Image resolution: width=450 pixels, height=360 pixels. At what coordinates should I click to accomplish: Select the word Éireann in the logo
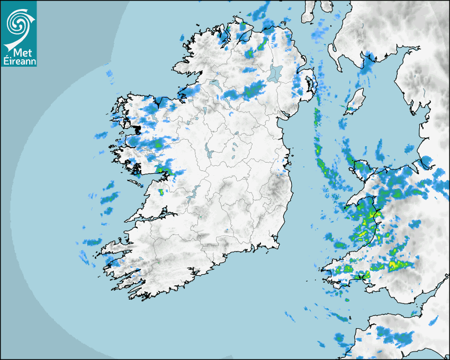coord(18,61)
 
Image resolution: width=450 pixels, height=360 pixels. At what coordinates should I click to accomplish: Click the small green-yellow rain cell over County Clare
coord(161,192)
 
